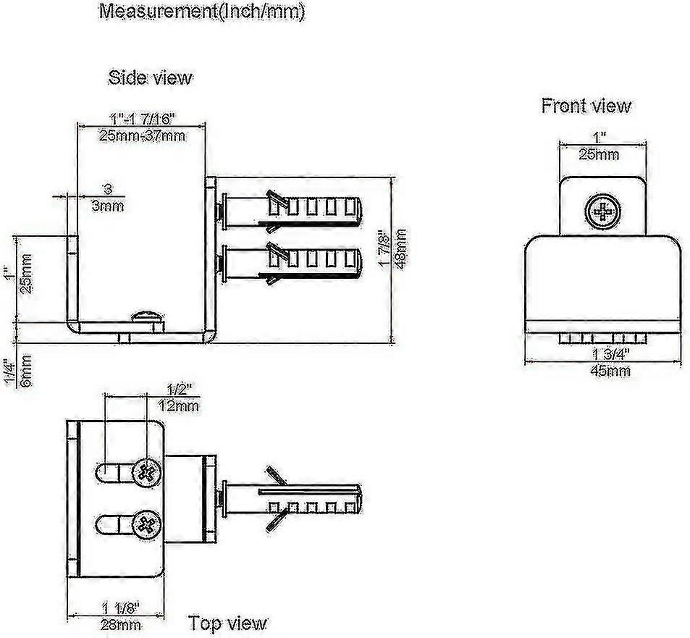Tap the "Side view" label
point(151,77)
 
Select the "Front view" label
point(586,106)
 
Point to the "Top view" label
point(228,622)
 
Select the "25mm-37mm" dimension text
point(142,135)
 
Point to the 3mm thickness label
point(108,206)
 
